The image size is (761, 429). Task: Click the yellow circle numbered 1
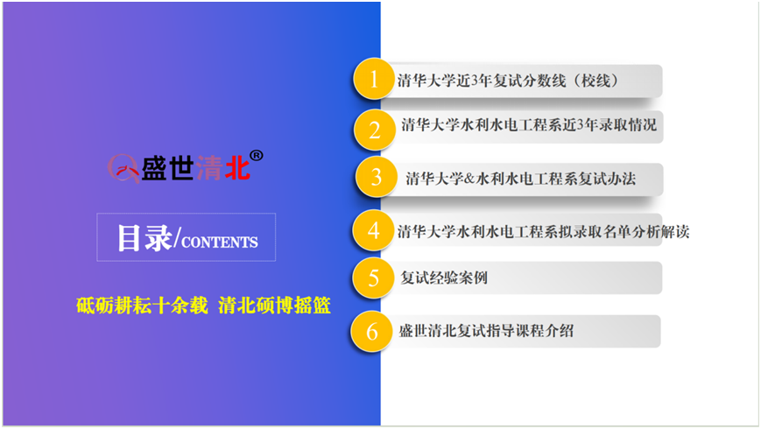(x=373, y=79)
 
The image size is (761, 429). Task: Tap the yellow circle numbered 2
(x=374, y=130)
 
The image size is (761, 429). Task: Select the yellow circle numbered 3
(x=377, y=177)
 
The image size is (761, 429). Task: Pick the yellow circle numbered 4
(x=373, y=230)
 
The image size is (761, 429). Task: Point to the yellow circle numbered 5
(x=373, y=278)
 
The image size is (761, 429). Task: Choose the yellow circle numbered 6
(x=372, y=332)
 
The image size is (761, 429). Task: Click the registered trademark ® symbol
(x=257, y=155)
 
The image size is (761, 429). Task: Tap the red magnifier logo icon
(x=123, y=169)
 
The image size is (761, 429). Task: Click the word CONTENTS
(x=220, y=243)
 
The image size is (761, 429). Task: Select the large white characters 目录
(x=144, y=238)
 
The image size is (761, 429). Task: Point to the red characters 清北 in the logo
(x=222, y=168)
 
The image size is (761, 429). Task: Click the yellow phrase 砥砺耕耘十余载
(x=142, y=306)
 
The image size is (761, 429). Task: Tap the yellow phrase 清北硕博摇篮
(x=275, y=306)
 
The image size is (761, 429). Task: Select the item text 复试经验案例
(x=444, y=278)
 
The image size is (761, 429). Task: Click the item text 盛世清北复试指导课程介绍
(x=486, y=331)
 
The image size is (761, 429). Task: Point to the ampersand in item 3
(x=469, y=179)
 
